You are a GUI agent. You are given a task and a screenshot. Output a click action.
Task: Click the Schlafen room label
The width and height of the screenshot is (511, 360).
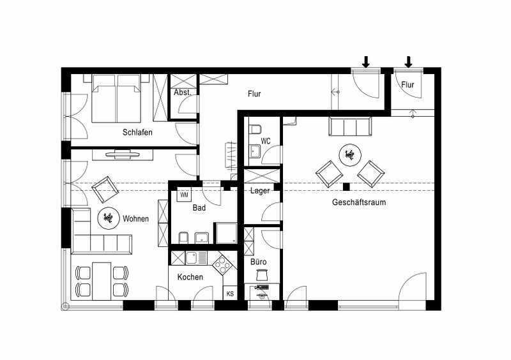(137, 132)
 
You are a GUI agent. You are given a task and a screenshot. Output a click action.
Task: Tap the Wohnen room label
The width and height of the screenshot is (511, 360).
(135, 218)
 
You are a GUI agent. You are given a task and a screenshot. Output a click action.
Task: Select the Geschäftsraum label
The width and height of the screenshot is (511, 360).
(359, 202)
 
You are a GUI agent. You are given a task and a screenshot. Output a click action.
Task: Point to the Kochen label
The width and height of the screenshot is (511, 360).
(190, 277)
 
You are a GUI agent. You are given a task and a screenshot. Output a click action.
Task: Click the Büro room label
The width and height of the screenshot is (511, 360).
(259, 262)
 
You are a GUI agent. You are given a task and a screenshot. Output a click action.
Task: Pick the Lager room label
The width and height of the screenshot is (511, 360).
(260, 191)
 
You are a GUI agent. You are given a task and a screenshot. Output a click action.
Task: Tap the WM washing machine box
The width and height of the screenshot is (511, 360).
(184, 195)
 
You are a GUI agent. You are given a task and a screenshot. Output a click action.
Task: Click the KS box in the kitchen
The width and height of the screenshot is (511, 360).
(230, 294)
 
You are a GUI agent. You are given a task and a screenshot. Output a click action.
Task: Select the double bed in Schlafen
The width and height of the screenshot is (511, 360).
(116, 98)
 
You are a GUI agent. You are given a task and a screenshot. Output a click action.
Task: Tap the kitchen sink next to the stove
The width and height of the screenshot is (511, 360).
(196, 258)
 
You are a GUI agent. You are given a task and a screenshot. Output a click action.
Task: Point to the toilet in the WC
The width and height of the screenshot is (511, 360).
(255, 130)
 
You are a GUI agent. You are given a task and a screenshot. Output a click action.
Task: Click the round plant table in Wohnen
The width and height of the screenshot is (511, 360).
(107, 218)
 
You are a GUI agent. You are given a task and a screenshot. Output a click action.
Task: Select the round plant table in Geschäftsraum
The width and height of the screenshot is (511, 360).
(350, 154)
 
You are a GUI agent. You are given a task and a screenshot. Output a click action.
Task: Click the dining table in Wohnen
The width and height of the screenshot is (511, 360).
(102, 281)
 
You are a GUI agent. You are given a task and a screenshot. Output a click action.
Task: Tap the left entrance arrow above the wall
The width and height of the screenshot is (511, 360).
(366, 62)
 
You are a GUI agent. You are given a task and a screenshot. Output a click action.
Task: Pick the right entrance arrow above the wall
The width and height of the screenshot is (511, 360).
(408, 62)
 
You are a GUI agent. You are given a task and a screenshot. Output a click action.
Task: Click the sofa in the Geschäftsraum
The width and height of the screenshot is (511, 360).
(350, 127)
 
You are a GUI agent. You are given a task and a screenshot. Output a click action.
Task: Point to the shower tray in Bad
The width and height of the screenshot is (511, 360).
(227, 233)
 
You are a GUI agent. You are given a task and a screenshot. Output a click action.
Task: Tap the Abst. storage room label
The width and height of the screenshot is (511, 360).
(182, 93)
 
